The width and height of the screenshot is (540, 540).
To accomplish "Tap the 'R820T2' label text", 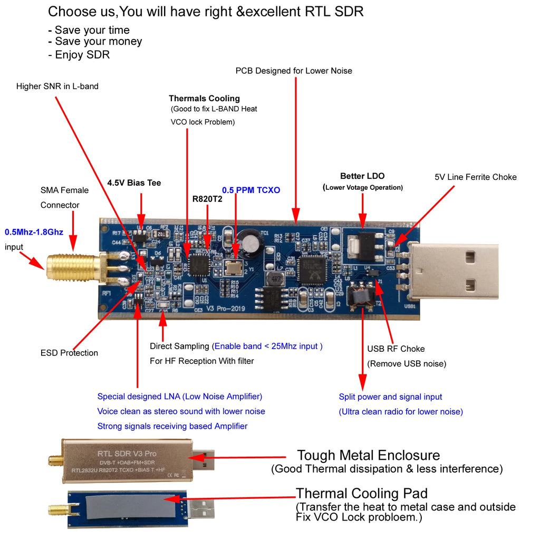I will pos(208,199).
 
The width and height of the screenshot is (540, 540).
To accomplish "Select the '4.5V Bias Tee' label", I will pos(134,183).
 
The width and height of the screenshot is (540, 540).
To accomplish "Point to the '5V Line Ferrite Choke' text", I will pos(475,177).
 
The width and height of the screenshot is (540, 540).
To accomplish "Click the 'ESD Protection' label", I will pos(69,353).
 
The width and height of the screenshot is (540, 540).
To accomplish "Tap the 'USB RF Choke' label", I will pos(396,349).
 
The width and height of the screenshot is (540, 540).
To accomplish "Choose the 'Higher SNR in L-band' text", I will pos(57,86).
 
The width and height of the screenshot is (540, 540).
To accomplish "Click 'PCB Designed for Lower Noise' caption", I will pos(294,71).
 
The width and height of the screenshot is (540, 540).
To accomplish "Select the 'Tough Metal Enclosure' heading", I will pos(368,455).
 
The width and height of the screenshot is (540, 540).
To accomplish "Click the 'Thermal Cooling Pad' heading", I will pos(361,494).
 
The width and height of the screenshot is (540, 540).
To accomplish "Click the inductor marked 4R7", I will pos(274,279).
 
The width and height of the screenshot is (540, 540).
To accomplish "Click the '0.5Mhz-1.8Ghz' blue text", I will pos(35,232).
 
